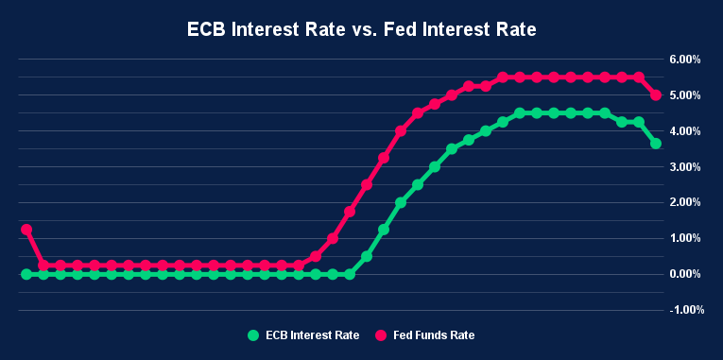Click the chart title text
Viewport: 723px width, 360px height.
pos(361,30)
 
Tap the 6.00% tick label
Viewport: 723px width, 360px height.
pos(683,60)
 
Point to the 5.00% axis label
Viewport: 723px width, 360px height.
pos(683,95)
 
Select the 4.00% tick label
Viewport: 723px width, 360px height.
pos(683,131)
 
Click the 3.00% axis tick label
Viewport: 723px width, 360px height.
pos(683,167)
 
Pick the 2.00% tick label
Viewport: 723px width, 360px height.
pos(683,202)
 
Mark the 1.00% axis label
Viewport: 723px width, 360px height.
pos(683,238)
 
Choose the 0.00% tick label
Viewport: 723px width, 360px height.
pos(683,274)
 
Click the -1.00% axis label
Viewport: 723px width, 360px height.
pos(681,309)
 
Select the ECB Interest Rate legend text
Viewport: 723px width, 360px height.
pos(311,335)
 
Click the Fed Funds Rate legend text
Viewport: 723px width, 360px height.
pos(434,335)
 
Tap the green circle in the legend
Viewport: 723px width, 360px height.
pos(252,335)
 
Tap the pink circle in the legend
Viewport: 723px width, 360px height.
pos(382,335)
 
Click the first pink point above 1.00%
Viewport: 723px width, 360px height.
pos(26,230)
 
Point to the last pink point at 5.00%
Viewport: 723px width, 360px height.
pos(656,95)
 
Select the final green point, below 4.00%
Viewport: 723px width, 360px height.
pos(656,144)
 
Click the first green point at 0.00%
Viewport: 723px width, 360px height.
pos(26,274)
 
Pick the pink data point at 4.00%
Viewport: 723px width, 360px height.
pos(401,131)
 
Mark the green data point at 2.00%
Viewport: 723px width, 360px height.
pos(401,202)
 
